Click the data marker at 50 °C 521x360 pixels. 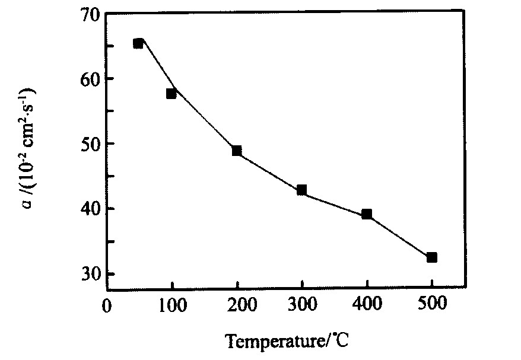coord(138,43)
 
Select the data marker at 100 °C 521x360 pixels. coord(171,93)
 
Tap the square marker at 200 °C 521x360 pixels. coord(237,151)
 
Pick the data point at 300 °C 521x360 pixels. coord(301,190)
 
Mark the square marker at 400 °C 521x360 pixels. coord(367,214)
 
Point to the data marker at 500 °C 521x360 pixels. coord(431,257)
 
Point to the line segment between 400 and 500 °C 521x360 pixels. coord(399,235)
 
